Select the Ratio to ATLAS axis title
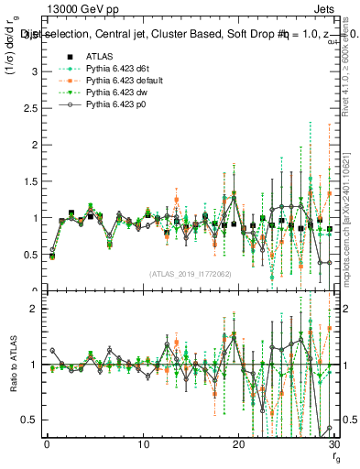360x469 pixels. (12, 365)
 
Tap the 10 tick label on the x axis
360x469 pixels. (142, 443)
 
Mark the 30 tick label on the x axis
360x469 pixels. (333, 443)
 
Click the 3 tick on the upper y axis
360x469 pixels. (35, 71)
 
